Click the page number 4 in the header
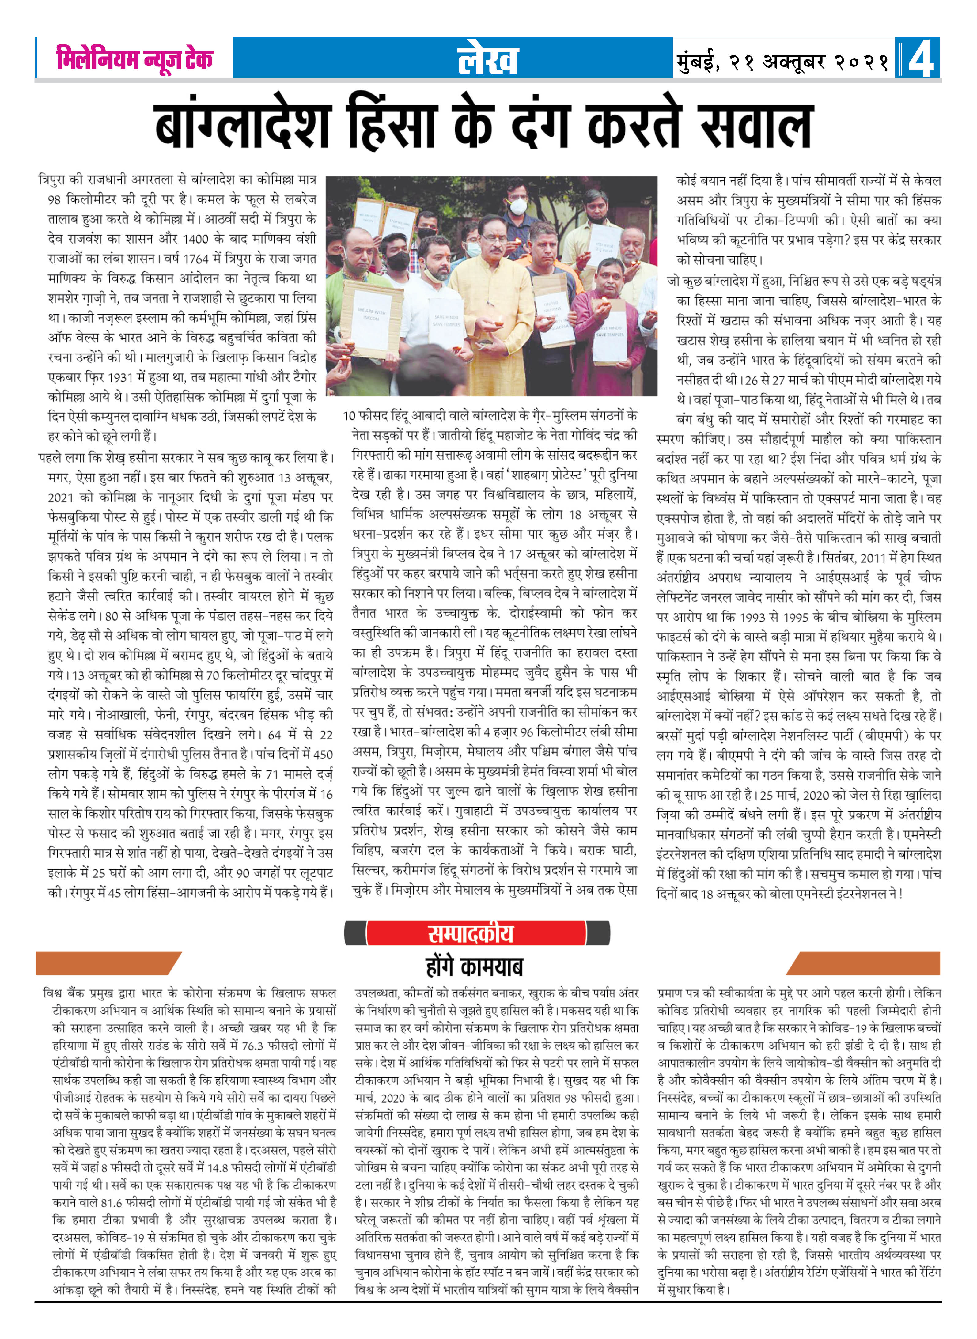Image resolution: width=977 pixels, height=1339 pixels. tap(920, 59)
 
